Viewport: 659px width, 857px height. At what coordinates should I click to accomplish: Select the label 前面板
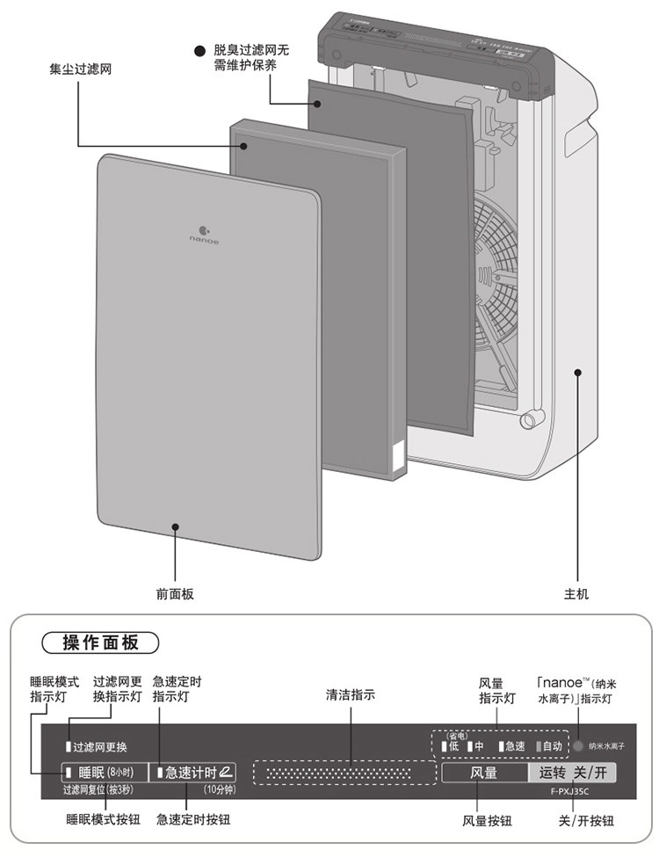(x=175, y=594)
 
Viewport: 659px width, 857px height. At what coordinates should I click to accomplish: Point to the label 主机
(x=576, y=594)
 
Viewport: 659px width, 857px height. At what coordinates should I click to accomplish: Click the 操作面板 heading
(x=101, y=643)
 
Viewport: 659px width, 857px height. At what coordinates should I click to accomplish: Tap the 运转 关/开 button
(x=572, y=773)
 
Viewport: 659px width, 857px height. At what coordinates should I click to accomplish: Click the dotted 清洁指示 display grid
(x=344, y=773)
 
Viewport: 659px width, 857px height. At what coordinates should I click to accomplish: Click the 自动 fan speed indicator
(x=550, y=746)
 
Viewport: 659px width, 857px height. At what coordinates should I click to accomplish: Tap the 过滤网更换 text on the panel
(x=99, y=747)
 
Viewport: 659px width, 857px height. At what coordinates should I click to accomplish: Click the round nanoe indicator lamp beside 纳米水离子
(x=577, y=746)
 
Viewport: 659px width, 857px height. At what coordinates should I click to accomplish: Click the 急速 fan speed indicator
(x=511, y=746)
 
